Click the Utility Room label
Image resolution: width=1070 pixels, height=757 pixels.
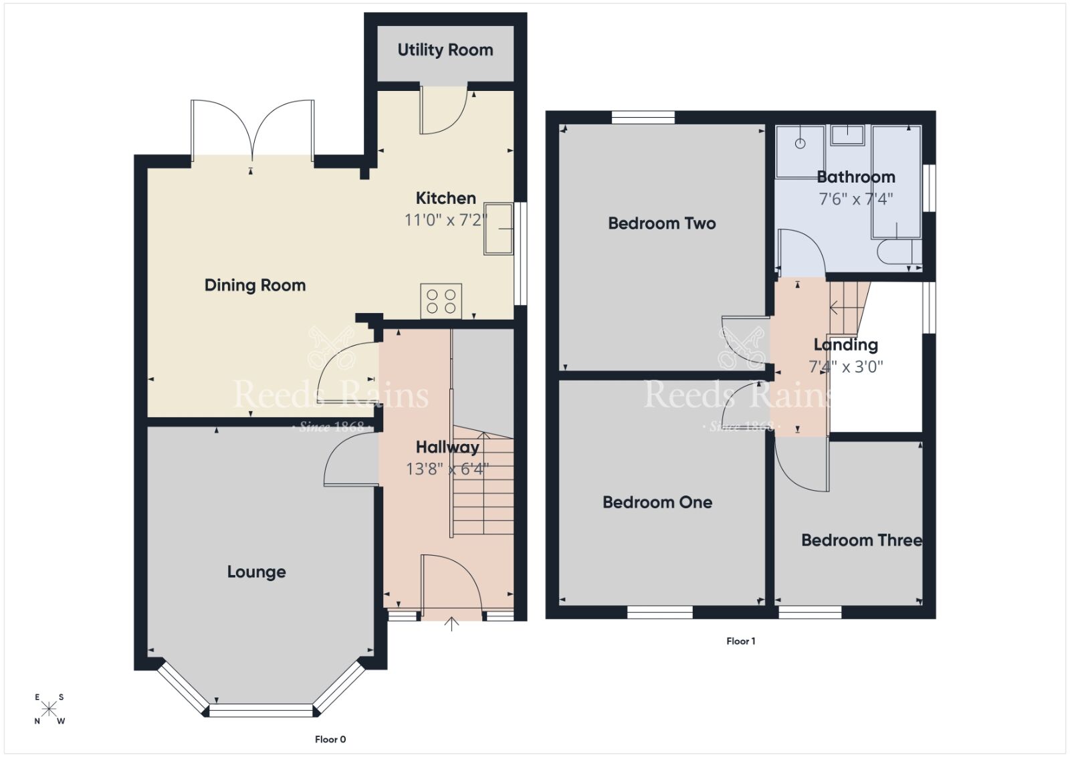[445, 50]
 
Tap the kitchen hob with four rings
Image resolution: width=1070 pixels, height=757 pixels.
[441, 301]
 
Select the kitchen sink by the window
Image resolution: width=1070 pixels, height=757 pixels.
[498, 229]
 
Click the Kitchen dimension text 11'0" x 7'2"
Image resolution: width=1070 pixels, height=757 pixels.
[445, 220]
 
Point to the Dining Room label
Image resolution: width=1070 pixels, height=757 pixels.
[255, 286]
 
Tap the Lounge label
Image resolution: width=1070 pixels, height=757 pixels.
[256, 572]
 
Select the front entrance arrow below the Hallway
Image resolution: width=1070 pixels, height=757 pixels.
[452, 624]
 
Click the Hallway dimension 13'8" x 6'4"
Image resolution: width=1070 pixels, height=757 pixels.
[447, 469]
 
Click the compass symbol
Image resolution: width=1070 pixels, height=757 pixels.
[49, 709]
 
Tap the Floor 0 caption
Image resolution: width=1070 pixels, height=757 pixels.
[330, 739]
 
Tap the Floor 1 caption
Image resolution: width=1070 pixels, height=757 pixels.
[740, 641]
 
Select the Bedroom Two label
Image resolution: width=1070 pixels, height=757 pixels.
[661, 223]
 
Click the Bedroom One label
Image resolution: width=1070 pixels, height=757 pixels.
[657, 502]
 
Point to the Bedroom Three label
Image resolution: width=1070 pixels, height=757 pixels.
[861, 540]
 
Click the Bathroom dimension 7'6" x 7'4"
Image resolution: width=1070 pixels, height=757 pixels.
[855, 199]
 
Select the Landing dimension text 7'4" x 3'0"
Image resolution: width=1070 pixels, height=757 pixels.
[845, 366]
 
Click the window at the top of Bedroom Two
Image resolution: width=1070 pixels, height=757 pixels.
[643, 118]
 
